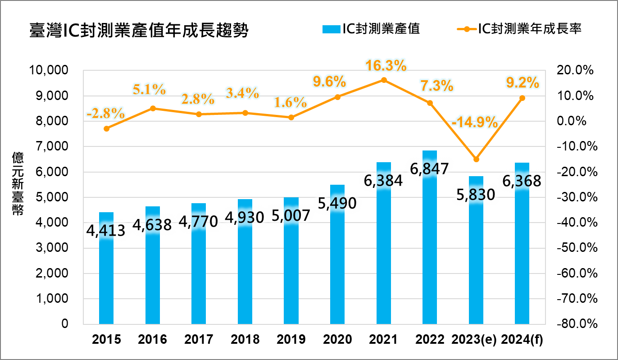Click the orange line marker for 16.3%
point(384,80)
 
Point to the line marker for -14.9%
point(476,159)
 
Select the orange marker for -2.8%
point(106,128)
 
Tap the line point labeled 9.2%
point(522,98)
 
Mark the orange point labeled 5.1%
point(153,108)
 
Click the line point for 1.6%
point(291,117)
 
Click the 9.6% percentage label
point(329,82)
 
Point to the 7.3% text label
point(436,85)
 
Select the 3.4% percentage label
point(242,94)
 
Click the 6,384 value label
point(383,181)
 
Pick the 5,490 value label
point(337,204)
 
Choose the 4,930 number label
point(245,218)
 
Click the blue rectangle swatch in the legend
point(332,29)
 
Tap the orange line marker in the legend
point(467,29)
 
